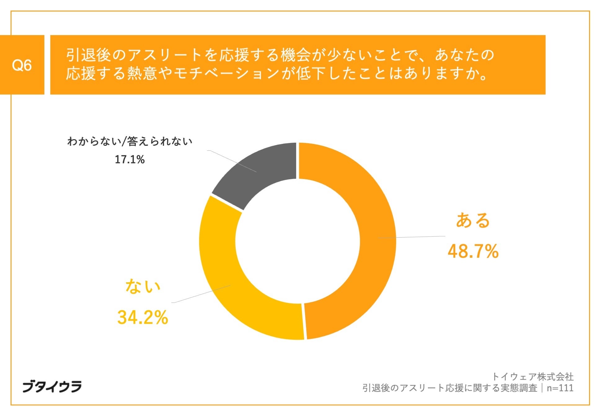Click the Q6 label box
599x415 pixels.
(22, 65)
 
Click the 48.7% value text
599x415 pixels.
(473, 251)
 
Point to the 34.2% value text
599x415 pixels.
(143, 317)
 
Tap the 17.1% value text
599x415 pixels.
(130, 160)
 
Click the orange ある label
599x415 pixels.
(473, 221)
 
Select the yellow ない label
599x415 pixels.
(143, 286)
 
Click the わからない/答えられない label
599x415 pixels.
(130, 141)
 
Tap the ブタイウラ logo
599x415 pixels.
(52, 386)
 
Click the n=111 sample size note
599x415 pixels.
(560, 388)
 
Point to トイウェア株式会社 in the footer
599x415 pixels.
(533, 377)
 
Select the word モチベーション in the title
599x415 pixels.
(227, 74)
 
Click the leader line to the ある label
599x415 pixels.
(412, 237)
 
